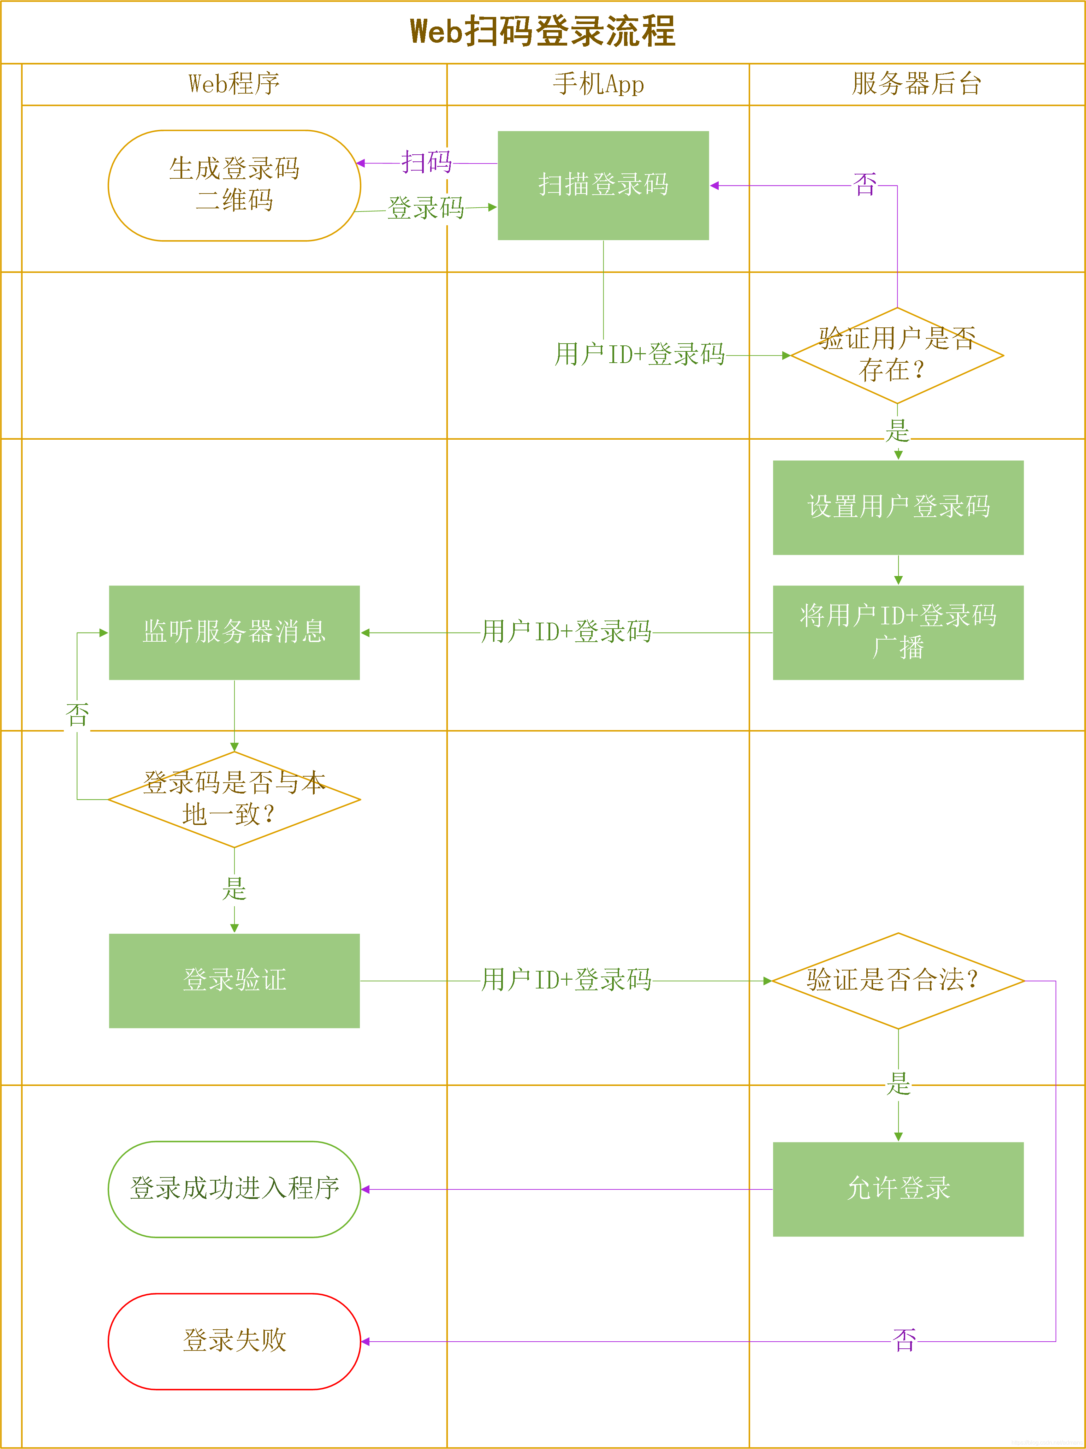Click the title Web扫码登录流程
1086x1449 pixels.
click(542, 31)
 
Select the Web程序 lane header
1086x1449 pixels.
click(234, 84)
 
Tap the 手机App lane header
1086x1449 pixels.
click(598, 84)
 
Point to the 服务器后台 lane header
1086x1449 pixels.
click(916, 84)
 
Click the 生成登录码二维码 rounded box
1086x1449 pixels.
click(234, 185)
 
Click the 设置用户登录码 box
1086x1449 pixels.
click(898, 507)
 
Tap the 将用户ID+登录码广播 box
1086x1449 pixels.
click(898, 632)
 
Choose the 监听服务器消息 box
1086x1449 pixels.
click(234, 632)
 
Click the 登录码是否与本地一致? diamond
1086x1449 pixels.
click(234, 799)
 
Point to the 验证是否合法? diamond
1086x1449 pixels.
click(898, 981)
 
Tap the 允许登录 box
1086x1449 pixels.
click(898, 1189)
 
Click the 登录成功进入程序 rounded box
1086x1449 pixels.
click(234, 1189)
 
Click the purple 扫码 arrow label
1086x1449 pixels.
click(426, 162)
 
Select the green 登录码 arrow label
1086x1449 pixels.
click(426, 208)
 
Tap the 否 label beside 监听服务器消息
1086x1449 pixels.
click(77, 715)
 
